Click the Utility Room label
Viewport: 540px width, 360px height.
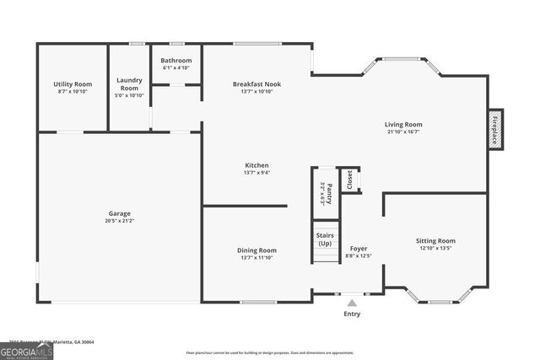(x=73, y=84)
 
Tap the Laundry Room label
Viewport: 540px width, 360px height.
(x=129, y=84)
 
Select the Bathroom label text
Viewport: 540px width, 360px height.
(x=176, y=60)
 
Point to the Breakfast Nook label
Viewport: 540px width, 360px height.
(x=256, y=84)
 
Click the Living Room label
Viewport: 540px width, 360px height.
(x=403, y=125)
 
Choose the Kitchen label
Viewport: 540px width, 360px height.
(x=256, y=165)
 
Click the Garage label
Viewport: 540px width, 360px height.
(x=119, y=213)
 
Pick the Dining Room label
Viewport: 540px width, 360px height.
(x=256, y=250)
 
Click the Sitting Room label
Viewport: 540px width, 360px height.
(x=435, y=241)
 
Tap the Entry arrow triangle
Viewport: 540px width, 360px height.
(x=352, y=301)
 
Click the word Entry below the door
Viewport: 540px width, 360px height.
(x=352, y=314)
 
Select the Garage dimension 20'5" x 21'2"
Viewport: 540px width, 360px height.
(x=119, y=221)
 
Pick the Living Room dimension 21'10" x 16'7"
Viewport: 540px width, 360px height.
(x=403, y=132)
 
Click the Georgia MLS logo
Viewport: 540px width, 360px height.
(x=26, y=349)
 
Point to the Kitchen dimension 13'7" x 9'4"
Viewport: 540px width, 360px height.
(x=256, y=173)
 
